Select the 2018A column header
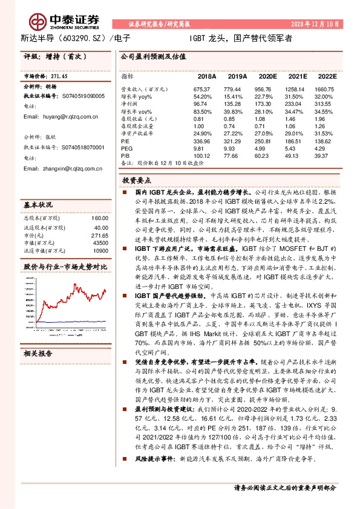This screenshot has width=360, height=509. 207,77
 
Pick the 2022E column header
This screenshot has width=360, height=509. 327,77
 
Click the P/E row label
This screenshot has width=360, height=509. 125,139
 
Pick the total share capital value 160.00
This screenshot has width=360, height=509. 99,217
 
